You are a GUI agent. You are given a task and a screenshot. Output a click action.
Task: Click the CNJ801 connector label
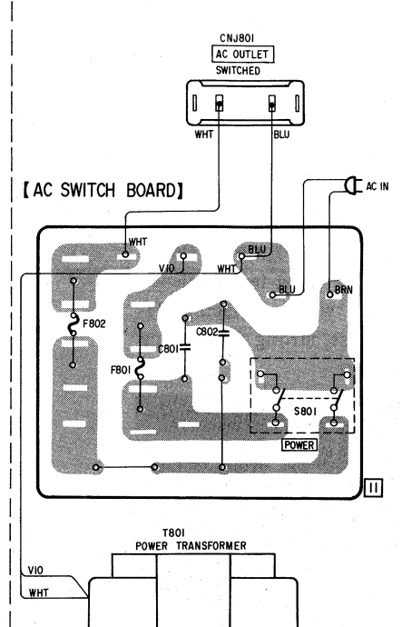point(237,38)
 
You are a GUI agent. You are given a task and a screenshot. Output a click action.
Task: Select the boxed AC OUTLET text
point(242,54)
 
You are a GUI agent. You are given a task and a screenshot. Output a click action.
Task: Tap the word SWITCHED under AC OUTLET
point(238,70)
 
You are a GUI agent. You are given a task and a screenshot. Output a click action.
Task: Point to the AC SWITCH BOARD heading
point(103,190)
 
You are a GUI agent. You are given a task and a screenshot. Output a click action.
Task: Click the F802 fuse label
point(94,323)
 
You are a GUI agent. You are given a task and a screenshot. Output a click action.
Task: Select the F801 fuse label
point(121,370)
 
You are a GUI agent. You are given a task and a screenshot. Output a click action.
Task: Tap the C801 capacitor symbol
point(185,348)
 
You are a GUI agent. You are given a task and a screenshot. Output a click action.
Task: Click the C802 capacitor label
point(207,332)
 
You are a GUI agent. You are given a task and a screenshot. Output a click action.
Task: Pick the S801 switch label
point(306,411)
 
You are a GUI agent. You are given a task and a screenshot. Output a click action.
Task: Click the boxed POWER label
point(299,445)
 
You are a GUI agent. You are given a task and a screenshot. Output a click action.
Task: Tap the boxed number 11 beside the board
point(373,487)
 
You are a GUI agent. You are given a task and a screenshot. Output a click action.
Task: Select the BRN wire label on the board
point(343,290)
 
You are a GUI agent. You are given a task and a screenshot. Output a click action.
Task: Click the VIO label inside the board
point(166,268)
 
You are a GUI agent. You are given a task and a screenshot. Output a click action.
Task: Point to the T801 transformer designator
point(173,533)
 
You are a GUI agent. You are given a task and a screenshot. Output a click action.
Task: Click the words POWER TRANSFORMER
point(191,546)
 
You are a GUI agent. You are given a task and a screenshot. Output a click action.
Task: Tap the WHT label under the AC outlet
point(204,134)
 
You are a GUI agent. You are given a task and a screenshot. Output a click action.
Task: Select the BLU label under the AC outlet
point(281,134)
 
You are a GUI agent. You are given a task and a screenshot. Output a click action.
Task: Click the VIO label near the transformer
point(35,571)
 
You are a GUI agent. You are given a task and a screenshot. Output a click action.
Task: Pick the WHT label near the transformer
point(38,592)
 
